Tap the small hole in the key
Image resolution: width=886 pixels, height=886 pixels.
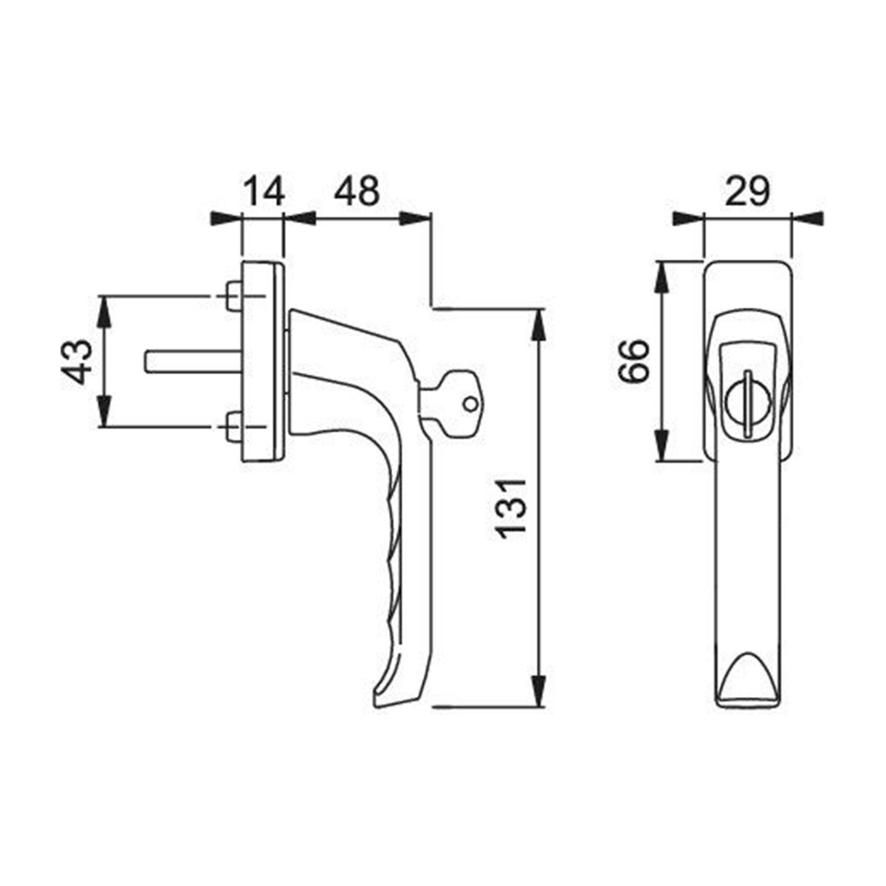pyautogui.click(x=470, y=404)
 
